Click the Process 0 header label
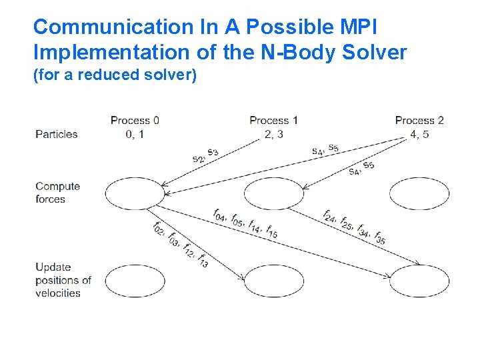(x=135, y=121)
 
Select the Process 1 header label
(x=273, y=121)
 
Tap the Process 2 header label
(x=419, y=121)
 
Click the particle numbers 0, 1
(x=135, y=133)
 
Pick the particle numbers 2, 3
(x=273, y=133)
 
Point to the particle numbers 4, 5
(x=419, y=133)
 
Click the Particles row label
(x=57, y=134)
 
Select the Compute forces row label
(x=57, y=193)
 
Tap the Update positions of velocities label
(x=63, y=280)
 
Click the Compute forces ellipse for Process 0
(x=134, y=194)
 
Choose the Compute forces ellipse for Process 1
(x=274, y=194)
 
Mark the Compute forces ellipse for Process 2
(x=419, y=194)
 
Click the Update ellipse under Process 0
(x=134, y=281)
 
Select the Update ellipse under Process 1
(x=274, y=281)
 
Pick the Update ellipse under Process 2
(x=419, y=281)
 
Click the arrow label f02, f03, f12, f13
(x=181, y=245)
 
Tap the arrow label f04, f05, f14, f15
(x=245, y=223)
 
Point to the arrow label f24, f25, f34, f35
(x=353, y=227)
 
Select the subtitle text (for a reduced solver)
(x=115, y=75)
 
